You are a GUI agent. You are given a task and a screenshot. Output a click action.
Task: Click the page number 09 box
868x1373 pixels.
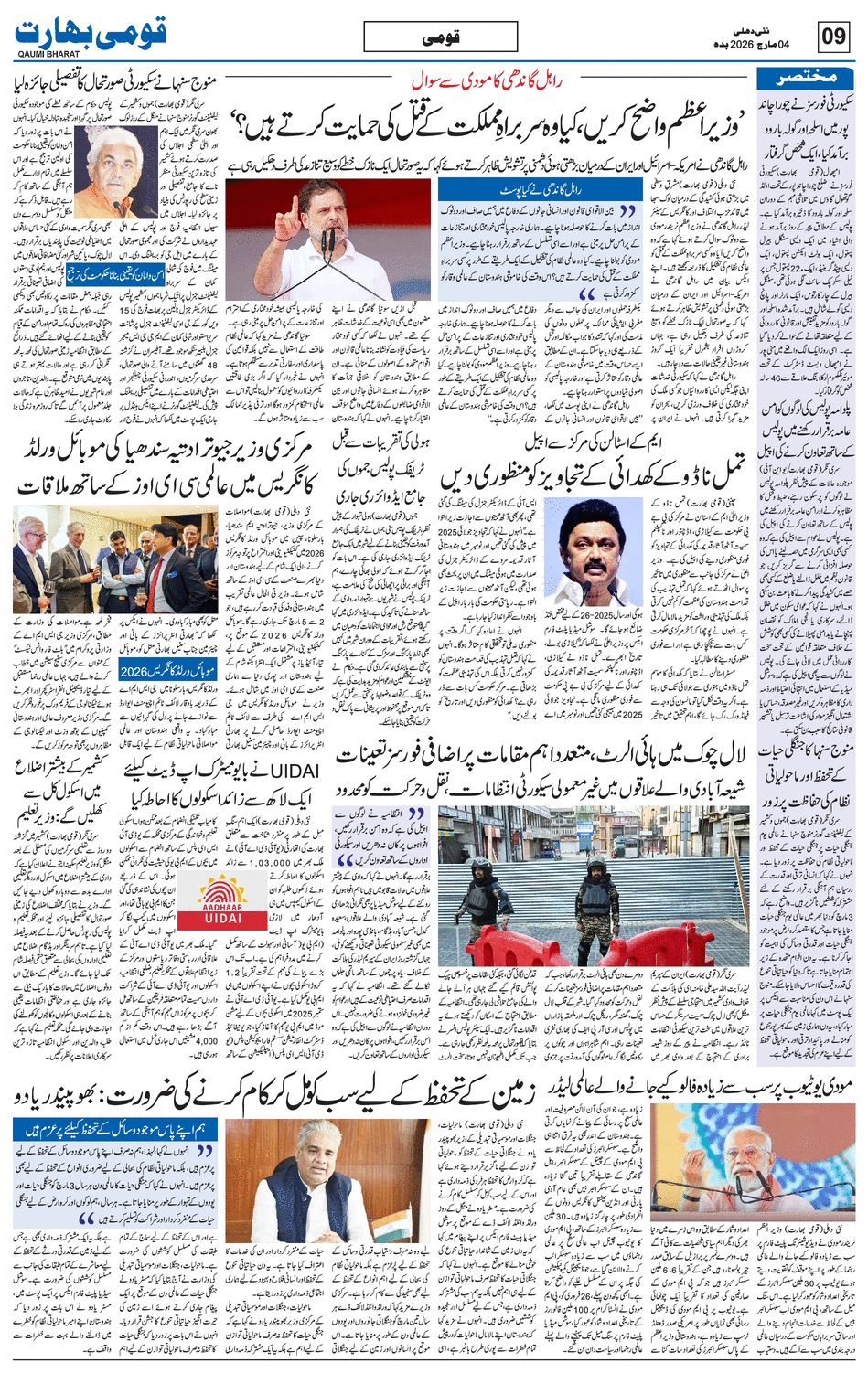coord(833,37)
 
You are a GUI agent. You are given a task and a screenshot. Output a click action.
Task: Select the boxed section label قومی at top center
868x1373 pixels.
coord(440,37)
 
